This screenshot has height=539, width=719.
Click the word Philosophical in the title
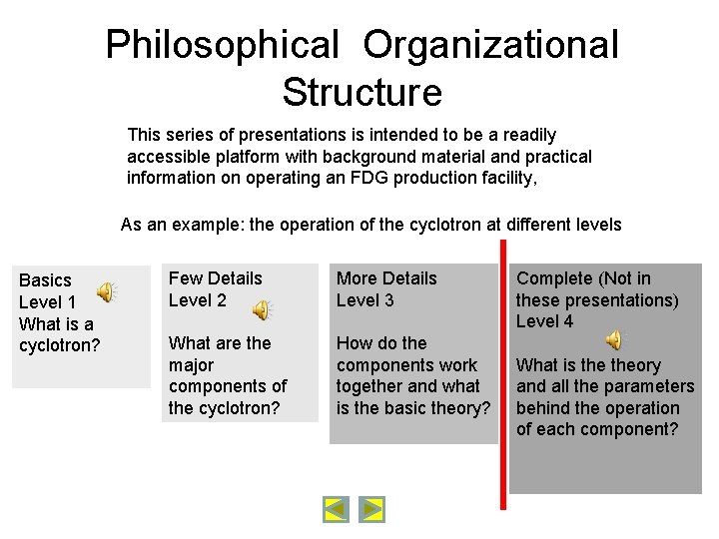(x=223, y=46)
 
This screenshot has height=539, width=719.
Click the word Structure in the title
(x=361, y=93)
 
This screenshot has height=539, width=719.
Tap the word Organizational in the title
(x=490, y=46)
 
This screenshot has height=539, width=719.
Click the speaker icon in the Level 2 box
(x=261, y=310)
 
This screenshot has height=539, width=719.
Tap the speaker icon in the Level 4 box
(x=615, y=340)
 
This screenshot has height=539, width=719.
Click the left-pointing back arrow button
(x=337, y=510)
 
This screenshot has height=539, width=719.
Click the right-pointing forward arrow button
(x=371, y=510)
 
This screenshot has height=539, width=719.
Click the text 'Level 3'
(x=364, y=300)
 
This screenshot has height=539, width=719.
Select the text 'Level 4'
(x=544, y=321)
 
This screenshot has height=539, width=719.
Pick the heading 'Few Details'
(x=215, y=278)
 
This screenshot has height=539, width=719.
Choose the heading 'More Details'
(x=386, y=278)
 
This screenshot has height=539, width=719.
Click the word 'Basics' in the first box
(x=46, y=280)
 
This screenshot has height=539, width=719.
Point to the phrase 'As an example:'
(x=182, y=225)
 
